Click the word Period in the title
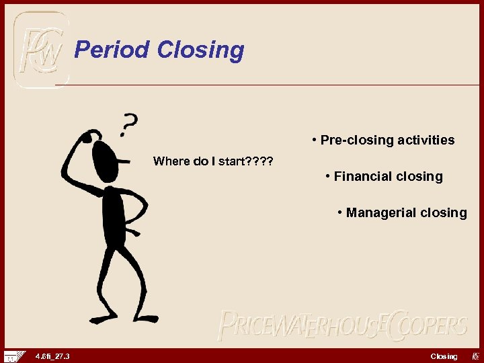click(x=112, y=50)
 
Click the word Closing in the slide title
click(x=200, y=50)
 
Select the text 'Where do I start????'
click(x=213, y=161)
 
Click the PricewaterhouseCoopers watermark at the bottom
click(x=342, y=326)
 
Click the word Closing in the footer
click(x=444, y=356)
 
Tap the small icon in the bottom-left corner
click(x=13, y=356)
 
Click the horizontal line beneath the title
click(x=269, y=85)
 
